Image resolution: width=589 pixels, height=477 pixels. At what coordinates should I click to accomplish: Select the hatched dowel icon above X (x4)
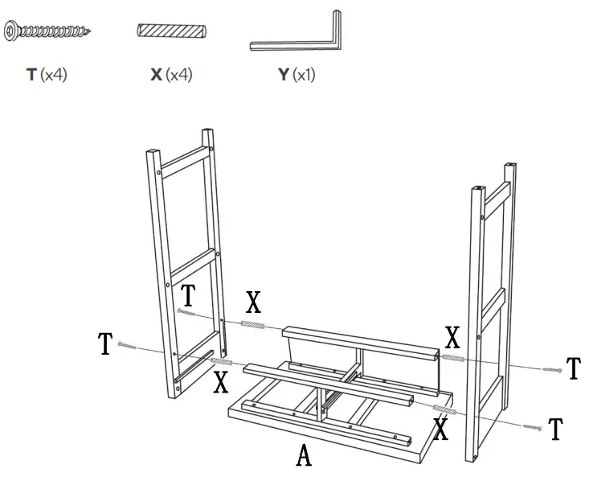171,31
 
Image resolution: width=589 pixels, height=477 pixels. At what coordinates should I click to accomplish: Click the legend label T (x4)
46,75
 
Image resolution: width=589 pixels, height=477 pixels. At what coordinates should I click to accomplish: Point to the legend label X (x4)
171,75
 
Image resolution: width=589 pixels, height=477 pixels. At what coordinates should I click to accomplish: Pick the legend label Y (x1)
296,75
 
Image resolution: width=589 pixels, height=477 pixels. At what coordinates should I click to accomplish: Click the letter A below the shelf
304,456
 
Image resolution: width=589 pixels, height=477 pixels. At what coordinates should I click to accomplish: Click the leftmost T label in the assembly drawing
105,344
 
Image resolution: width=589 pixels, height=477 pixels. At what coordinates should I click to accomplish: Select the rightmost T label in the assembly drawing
573,369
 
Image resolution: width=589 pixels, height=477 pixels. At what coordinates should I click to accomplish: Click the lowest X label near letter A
440,430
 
